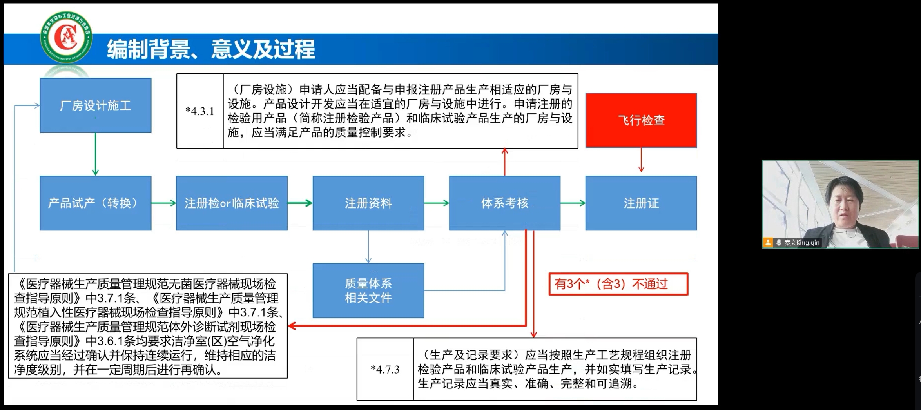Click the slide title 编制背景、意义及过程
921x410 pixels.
tap(211, 49)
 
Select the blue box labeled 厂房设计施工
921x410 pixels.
tap(95, 105)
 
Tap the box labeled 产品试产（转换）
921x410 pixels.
tap(95, 203)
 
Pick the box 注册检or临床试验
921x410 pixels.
tap(232, 203)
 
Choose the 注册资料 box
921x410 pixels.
tap(368, 203)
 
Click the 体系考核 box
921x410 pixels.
tap(504, 203)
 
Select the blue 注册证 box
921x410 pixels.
tap(641, 203)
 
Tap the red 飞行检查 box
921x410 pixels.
tap(641, 120)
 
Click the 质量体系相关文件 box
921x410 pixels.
tap(368, 290)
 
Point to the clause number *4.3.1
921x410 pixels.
tap(200, 111)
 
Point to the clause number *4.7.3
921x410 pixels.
tap(385, 369)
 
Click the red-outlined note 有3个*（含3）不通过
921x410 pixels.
tap(618, 284)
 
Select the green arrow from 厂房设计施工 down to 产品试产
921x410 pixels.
tap(95, 154)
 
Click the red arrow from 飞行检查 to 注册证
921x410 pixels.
tap(641, 160)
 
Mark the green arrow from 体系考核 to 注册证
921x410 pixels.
tap(573, 203)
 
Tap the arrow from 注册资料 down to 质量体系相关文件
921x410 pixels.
tap(368, 247)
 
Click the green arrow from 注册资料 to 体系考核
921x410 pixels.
tap(436, 203)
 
